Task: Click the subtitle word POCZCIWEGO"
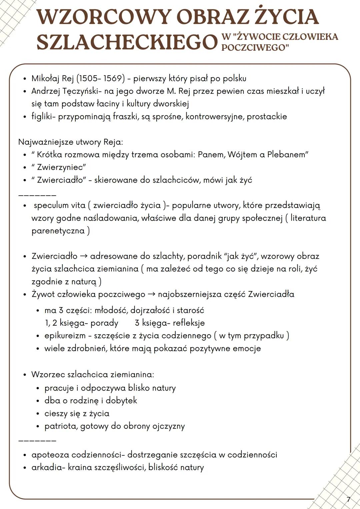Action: [x=255, y=48]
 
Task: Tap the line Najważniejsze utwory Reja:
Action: [x=71, y=142]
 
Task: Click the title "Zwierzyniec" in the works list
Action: [x=59, y=167]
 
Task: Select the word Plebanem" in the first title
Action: [x=288, y=155]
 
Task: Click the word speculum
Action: [x=51, y=205]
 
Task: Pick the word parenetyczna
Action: [x=58, y=231]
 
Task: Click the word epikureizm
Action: [x=65, y=336]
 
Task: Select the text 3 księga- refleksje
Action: [x=170, y=323]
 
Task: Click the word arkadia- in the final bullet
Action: [x=48, y=468]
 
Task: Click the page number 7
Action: [x=348, y=499]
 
